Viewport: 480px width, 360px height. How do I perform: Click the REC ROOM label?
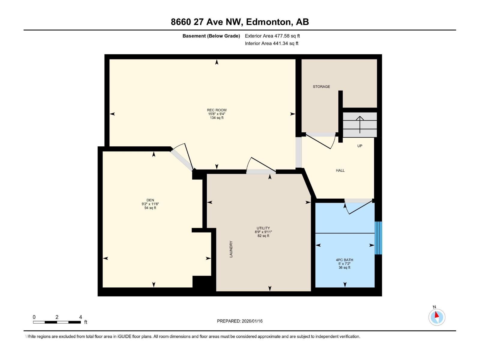click(x=217, y=110)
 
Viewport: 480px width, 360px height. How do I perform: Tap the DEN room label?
click(x=150, y=200)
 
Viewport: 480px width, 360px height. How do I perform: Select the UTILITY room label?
click(x=263, y=228)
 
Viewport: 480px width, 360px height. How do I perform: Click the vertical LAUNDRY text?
click(x=231, y=249)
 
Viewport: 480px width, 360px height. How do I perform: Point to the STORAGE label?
click(x=321, y=87)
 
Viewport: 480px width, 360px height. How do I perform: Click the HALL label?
click(x=340, y=170)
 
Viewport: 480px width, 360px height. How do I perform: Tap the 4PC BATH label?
click(x=344, y=260)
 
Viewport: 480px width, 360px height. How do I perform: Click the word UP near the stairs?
click(x=360, y=146)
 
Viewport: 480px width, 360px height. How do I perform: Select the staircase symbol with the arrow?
click(x=360, y=124)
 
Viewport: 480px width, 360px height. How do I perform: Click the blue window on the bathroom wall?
click(x=379, y=238)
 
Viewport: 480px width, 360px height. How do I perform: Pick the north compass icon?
click(x=437, y=317)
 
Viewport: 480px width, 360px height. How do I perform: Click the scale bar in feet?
click(x=57, y=322)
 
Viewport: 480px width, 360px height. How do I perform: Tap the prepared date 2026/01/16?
click(x=240, y=321)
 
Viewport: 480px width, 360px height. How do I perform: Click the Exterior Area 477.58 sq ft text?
click(x=272, y=36)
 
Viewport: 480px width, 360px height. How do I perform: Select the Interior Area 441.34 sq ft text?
click(x=271, y=43)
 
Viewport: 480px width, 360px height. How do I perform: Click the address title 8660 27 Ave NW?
click(x=240, y=22)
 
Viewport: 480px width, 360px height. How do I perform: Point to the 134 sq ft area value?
click(x=217, y=118)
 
